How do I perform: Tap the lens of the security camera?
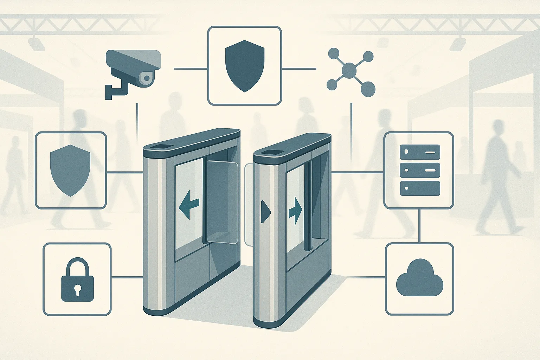pyautogui.click(x=147, y=78)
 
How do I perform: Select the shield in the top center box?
pyautogui.click(x=245, y=65)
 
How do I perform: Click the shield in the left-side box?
pyautogui.click(x=70, y=169)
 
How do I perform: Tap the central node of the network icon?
pyautogui.click(x=349, y=71)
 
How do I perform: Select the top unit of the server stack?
pyautogui.click(x=420, y=152)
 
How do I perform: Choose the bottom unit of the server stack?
pyautogui.click(x=420, y=188)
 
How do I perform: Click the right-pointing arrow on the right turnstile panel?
pyautogui.click(x=295, y=211)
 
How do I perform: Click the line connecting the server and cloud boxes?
pyautogui.click(x=419, y=226)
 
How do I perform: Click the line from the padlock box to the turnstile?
pyautogui.click(x=127, y=277)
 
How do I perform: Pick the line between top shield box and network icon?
pyautogui.click(x=299, y=69)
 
